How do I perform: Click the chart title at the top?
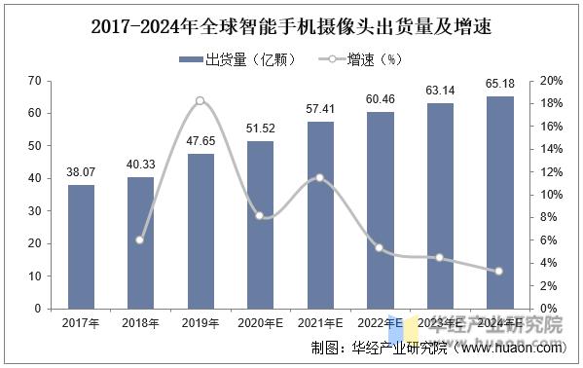(x=291, y=27)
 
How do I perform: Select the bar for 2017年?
(x=82, y=246)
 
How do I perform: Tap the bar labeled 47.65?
(x=200, y=231)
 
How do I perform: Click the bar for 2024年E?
(x=500, y=202)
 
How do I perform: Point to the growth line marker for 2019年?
(x=200, y=101)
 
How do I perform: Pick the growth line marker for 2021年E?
(x=319, y=178)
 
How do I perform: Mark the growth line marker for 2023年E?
(x=440, y=258)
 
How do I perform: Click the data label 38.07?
(x=82, y=173)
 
